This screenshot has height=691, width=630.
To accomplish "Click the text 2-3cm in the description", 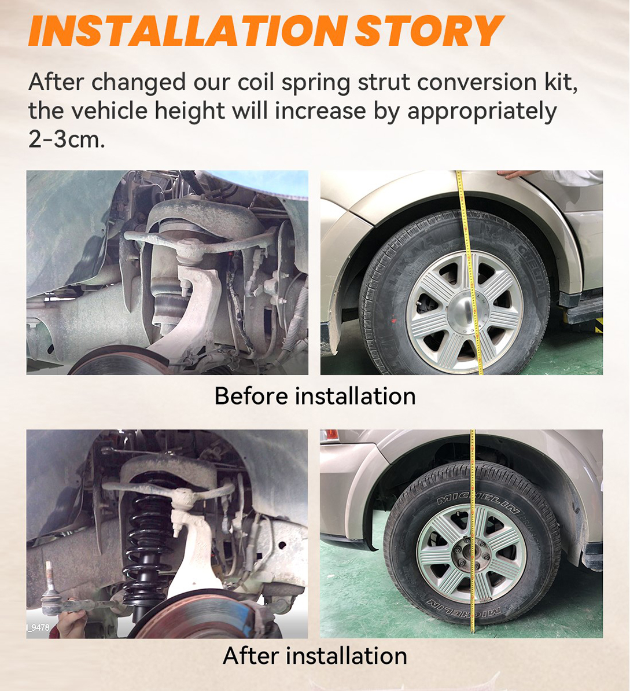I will (67, 139).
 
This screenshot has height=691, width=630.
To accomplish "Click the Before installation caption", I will (315, 396).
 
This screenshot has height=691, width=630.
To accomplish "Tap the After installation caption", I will (315, 656).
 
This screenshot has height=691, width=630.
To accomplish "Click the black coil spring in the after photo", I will (145, 538).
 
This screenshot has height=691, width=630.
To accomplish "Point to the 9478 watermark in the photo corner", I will (39, 627).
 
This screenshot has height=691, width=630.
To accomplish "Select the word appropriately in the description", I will (481, 112).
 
